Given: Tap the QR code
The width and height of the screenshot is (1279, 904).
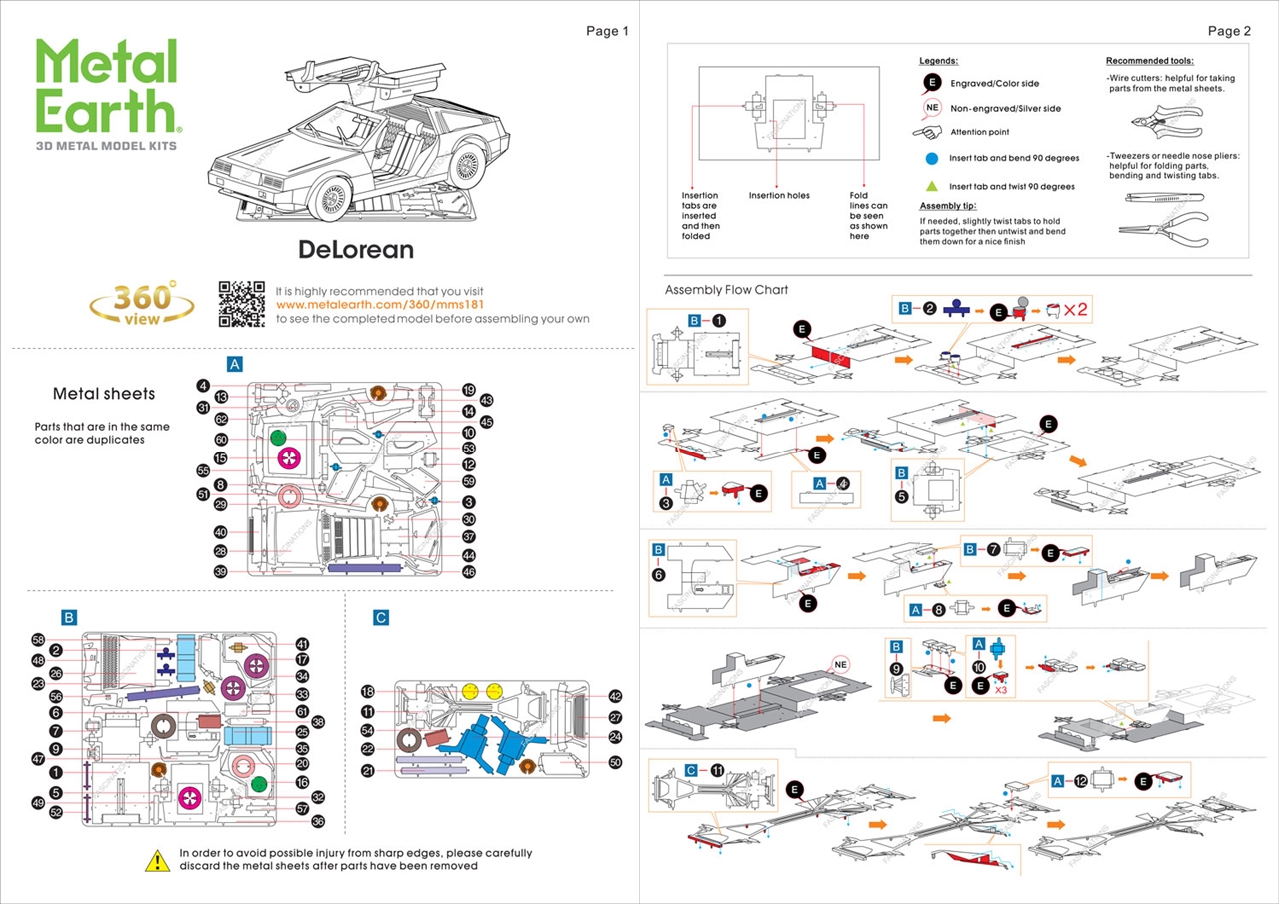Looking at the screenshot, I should tap(242, 304).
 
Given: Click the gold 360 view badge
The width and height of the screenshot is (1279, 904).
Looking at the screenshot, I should tap(142, 302).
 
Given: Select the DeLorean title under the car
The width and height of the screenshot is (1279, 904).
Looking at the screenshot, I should tap(355, 248).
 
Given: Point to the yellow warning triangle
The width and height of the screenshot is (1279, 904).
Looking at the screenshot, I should tap(157, 860).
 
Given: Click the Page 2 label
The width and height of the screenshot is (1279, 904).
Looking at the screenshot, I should tap(1229, 31).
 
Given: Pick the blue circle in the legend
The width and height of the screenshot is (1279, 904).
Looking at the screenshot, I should tap(931, 158).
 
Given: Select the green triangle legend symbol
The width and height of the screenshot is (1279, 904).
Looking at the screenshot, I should tap(931, 186).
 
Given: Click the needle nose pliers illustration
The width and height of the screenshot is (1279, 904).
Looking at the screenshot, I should tap(1164, 218).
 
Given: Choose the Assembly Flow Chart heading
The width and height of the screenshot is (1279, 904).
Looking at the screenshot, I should tap(726, 290).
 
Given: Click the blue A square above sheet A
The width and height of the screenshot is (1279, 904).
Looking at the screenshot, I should tap(235, 364).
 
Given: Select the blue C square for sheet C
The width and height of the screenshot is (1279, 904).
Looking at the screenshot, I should tap(381, 618).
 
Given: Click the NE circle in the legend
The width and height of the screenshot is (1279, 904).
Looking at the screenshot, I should tap(932, 108).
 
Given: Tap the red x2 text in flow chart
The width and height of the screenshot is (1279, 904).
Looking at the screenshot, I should tap(1075, 310).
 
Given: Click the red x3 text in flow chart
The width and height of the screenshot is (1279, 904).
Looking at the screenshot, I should tap(1000, 690).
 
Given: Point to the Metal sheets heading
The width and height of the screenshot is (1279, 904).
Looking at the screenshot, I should tap(104, 394).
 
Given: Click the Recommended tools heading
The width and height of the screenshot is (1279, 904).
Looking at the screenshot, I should tap(1149, 61).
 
